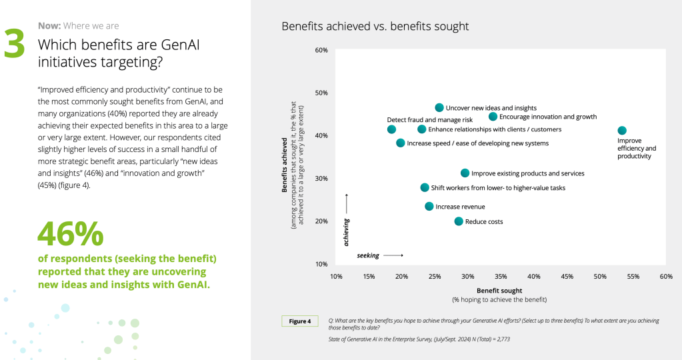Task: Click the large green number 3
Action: (14, 44)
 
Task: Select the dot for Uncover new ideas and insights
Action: (439, 107)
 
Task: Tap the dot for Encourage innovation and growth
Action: (493, 117)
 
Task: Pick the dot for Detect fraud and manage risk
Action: (391, 129)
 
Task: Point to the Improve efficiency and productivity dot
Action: (622, 131)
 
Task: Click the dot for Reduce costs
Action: (459, 221)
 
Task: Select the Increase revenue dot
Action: (429, 207)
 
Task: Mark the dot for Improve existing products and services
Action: (465, 173)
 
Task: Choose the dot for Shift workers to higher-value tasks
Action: (425, 188)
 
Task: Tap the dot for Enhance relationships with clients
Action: (421, 129)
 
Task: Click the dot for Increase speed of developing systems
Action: (401, 143)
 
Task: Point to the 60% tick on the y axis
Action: (321, 51)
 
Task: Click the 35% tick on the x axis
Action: (501, 276)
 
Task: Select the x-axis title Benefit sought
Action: (499, 291)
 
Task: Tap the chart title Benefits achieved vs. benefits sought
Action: (375, 27)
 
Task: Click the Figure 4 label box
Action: (299, 321)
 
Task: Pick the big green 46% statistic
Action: (71, 233)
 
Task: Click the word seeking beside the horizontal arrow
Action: (369, 255)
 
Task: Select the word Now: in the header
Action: (49, 26)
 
